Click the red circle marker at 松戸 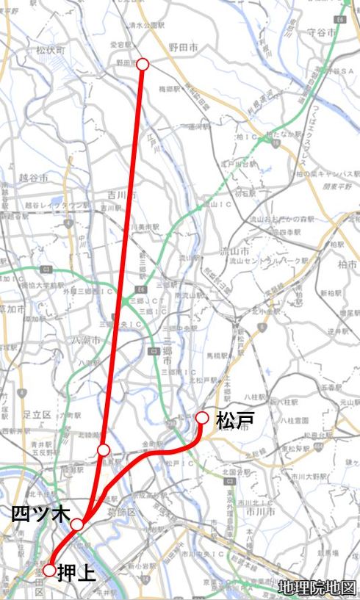pyautogui.click(x=202, y=418)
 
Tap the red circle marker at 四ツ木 pyautogui.click(x=77, y=524)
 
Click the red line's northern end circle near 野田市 pyautogui.click(x=143, y=64)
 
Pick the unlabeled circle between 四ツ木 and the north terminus pyautogui.click(x=104, y=449)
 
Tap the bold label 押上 pyautogui.click(x=76, y=571)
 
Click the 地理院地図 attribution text pyautogui.click(x=317, y=588)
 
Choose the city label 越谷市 pyautogui.click(x=35, y=178)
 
